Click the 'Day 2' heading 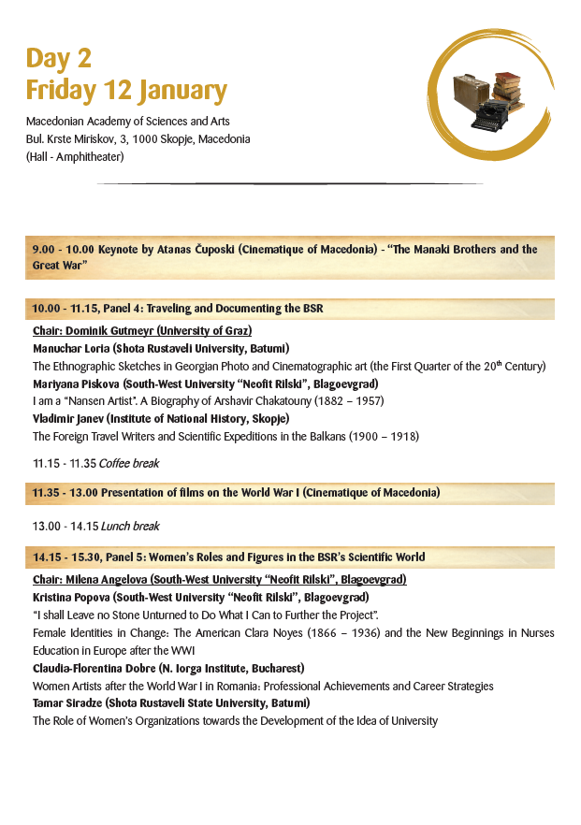pos(58,58)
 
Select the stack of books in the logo pos(509,87)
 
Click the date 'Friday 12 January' pos(126,91)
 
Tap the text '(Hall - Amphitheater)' pos(75,156)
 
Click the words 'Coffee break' pos(132,463)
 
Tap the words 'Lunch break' pos(131,526)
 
